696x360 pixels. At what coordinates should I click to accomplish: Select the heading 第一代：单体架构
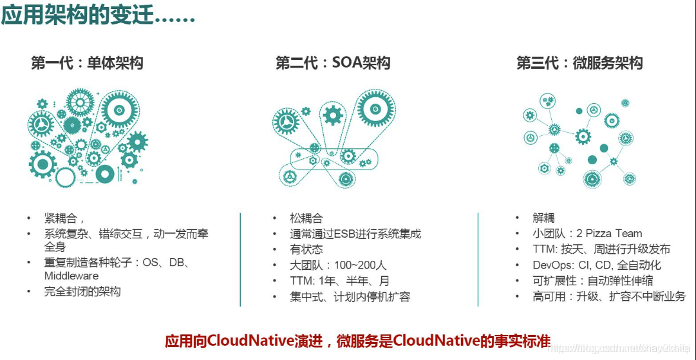(87, 63)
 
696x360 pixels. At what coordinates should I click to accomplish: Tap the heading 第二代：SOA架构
(333, 63)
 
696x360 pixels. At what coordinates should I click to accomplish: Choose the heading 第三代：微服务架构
(579, 63)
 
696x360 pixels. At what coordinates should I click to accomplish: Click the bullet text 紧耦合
(64, 218)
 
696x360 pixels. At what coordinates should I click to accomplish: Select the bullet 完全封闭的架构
(82, 292)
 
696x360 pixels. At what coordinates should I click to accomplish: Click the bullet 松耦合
(306, 218)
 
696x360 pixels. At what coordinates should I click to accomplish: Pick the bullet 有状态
(306, 250)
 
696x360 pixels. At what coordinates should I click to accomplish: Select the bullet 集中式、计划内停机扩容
(350, 297)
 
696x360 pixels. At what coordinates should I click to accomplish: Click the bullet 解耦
(544, 218)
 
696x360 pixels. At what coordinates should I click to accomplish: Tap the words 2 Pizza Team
(610, 234)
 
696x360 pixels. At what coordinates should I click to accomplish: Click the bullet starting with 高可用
(601, 297)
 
